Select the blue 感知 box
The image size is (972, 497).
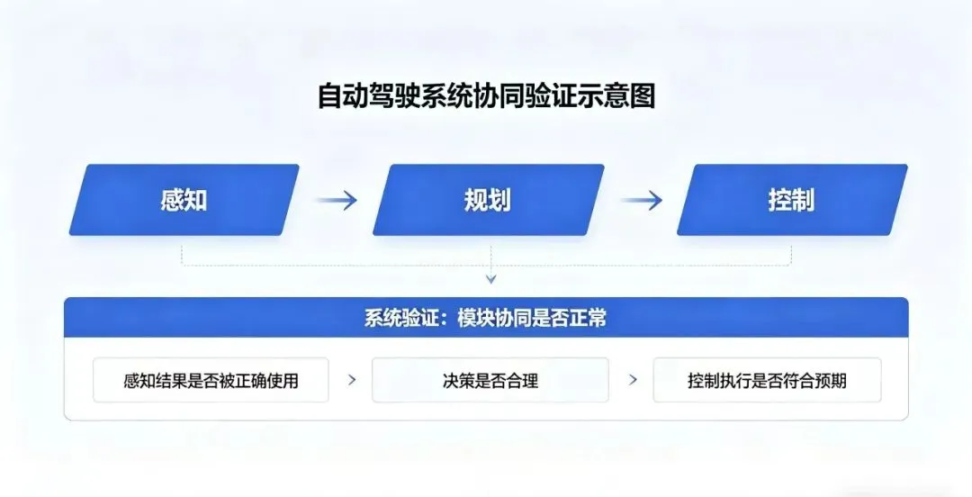[184, 200]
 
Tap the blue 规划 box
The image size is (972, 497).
[488, 200]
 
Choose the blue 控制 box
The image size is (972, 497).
[792, 200]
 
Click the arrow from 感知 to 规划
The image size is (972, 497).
[336, 200]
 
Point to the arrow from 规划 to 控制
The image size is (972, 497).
[641, 200]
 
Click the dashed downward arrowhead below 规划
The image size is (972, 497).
[490, 278]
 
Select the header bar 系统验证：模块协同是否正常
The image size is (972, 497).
[486, 318]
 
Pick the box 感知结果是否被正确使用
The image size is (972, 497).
[211, 381]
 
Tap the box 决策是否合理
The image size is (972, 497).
[490, 381]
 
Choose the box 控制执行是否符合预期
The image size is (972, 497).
[767, 381]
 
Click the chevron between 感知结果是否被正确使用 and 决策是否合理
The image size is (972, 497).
[352, 380]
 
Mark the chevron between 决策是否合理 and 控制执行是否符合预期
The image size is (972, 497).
[633, 380]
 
